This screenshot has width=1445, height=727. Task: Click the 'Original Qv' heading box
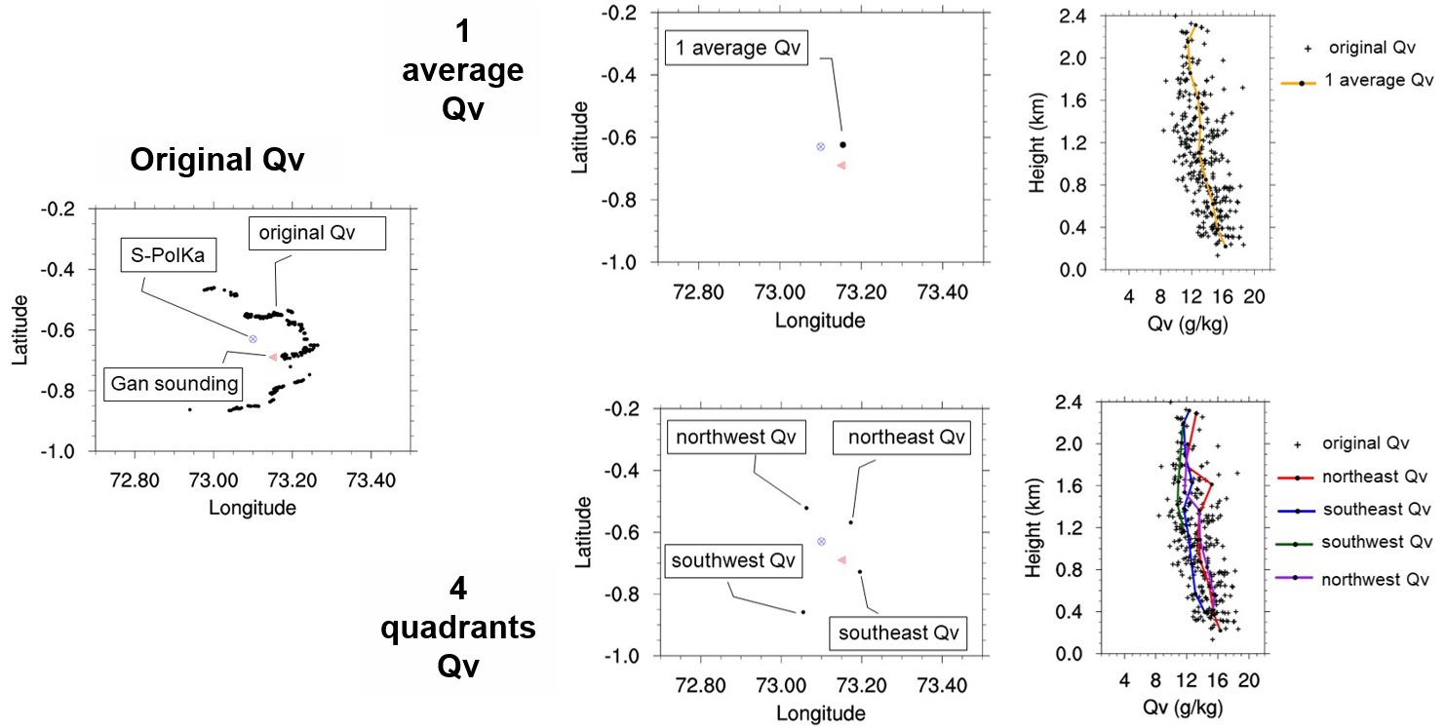217,160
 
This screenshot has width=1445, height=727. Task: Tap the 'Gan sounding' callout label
175,384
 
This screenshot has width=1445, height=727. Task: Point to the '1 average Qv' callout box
737,48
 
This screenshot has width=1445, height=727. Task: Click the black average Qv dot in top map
843,144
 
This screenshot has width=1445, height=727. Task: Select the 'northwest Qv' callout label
736,438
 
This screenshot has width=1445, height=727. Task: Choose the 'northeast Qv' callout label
902,438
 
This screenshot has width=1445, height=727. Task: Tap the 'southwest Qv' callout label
734,561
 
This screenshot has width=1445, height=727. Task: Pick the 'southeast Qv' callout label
898,632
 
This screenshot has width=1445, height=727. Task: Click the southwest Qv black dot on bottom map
802,612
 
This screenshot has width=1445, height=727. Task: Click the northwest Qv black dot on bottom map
806,508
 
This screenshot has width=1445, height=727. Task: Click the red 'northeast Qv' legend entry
1355,478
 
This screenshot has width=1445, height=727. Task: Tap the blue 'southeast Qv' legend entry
1355,510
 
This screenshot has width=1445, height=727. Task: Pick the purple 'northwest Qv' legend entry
1355,578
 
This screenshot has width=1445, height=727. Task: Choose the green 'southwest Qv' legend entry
1355,542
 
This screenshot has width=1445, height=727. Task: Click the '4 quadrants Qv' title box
458,628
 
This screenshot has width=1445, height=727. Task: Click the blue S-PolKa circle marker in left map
253,338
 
